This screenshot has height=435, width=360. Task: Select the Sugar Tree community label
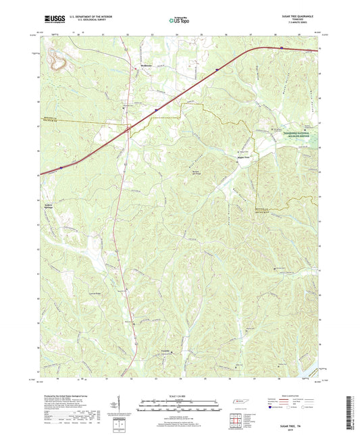coord(242,157)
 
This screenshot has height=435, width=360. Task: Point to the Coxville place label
coord(165,352)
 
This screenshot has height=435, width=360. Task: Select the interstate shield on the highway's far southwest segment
coord(61,165)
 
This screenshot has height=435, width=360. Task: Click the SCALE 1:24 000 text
coord(180,395)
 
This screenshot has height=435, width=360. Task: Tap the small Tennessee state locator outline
coord(240,403)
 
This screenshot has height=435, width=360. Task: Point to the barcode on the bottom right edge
coord(353,414)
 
